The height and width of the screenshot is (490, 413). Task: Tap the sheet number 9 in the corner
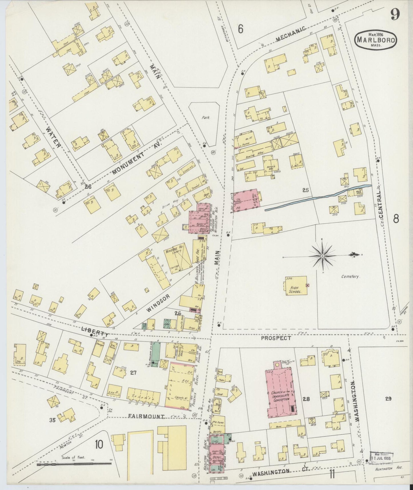[x=395, y=14]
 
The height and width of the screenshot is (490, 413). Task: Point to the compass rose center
[x=322, y=256]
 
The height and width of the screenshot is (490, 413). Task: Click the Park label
[x=205, y=117]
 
